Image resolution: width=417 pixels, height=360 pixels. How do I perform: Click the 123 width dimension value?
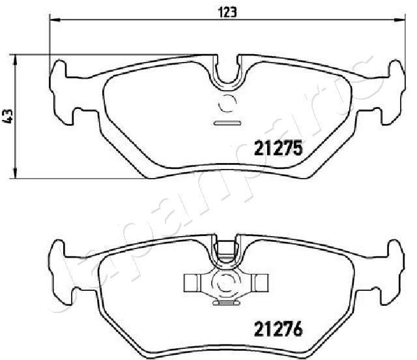(x=227, y=10)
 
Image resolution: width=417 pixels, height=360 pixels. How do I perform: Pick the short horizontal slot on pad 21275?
(x=228, y=123)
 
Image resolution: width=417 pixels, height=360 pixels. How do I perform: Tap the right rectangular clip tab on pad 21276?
(x=261, y=282)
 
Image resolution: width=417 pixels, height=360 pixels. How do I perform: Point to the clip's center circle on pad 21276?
(x=228, y=283)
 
